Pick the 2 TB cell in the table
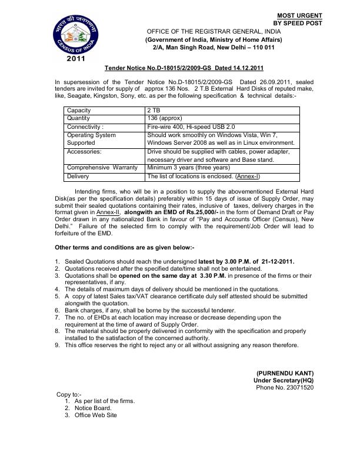(x=154, y=110)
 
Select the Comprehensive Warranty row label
(x=102, y=168)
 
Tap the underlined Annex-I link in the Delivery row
(x=248, y=176)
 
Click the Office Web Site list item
(x=96, y=415)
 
